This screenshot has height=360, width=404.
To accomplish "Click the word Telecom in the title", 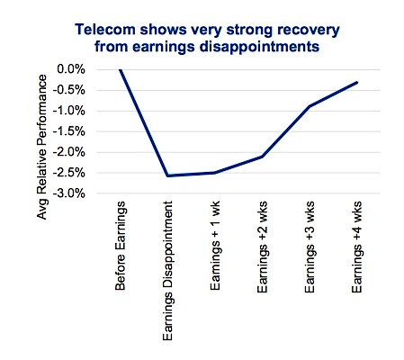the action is (x=105, y=30).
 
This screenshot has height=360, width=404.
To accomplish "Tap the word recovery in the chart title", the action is (x=309, y=31).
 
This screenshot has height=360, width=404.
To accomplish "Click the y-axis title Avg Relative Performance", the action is (x=42, y=147).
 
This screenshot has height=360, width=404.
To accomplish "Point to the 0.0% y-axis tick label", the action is (x=71, y=69).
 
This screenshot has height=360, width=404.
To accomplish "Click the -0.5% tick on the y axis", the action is (x=69, y=90).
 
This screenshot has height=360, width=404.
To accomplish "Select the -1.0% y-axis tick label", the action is (x=69, y=111).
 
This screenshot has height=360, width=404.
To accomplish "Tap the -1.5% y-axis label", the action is (x=69, y=131).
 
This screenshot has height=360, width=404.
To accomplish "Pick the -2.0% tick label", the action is (x=69, y=152).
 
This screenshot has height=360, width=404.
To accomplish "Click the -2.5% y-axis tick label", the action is (x=69, y=173).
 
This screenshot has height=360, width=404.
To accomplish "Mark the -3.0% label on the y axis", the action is (x=69, y=193).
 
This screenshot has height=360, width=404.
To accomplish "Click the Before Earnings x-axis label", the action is (x=121, y=246).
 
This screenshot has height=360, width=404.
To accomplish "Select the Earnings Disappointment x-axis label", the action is (x=167, y=271).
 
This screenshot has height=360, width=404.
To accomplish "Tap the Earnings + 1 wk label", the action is (x=215, y=246).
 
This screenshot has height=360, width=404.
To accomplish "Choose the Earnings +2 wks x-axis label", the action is (x=263, y=247).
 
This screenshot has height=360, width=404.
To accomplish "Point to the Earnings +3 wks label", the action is (x=310, y=247).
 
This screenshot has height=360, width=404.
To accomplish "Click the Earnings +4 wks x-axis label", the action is (x=357, y=247).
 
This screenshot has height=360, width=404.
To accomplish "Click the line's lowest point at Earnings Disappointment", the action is (x=167, y=175).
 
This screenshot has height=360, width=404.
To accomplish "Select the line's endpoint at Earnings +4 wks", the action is (x=357, y=82).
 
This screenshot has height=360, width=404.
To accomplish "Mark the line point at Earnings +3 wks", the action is (x=310, y=106).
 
